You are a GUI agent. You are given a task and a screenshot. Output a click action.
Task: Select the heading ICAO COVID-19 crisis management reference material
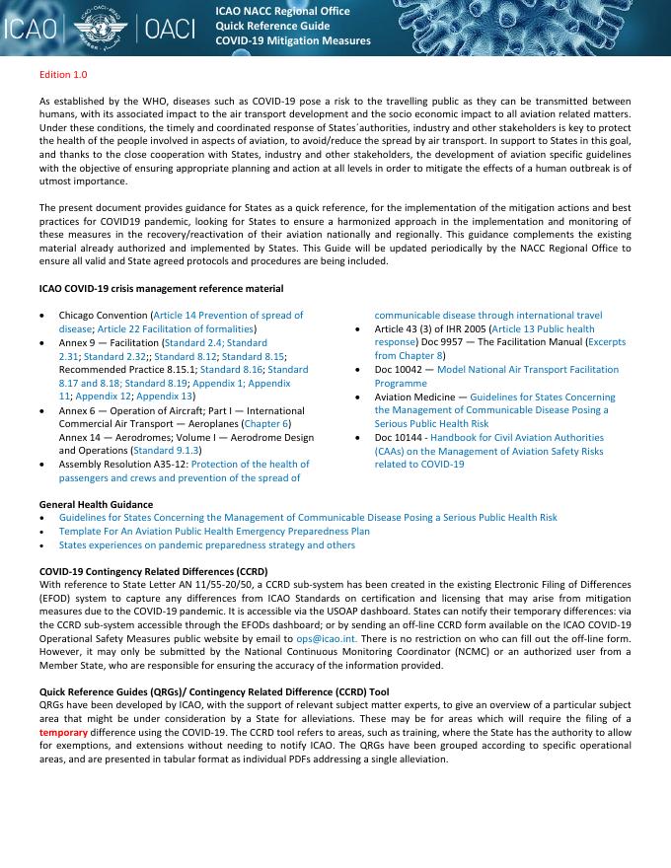coord(161,288)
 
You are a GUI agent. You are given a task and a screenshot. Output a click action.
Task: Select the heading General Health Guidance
coord(96,504)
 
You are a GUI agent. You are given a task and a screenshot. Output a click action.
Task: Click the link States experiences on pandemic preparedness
coord(206,544)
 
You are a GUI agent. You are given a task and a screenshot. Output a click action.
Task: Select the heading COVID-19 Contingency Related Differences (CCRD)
coord(153,571)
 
